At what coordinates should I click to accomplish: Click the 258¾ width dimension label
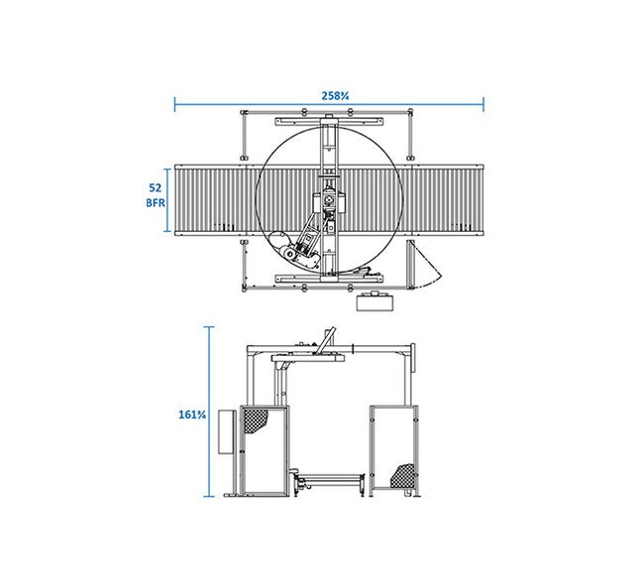pyautogui.click(x=335, y=96)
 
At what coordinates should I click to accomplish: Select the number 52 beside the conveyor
pyautogui.click(x=156, y=187)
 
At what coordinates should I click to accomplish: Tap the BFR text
pyautogui.click(x=156, y=202)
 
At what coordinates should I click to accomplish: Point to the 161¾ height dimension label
pyautogui.click(x=192, y=414)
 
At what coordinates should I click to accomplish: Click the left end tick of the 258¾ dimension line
pyautogui.click(x=175, y=104)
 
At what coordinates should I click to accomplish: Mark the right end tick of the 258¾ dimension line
pyautogui.click(x=483, y=104)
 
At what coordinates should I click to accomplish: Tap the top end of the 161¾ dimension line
pyautogui.click(x=209, y=327)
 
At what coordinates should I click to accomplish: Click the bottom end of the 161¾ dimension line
pyautogui.click(x=209, y=497)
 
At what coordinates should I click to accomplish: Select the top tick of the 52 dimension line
pyautogui.click(x=167, y=169)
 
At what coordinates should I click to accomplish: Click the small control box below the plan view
pyautogui.click(x=375, y=301)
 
